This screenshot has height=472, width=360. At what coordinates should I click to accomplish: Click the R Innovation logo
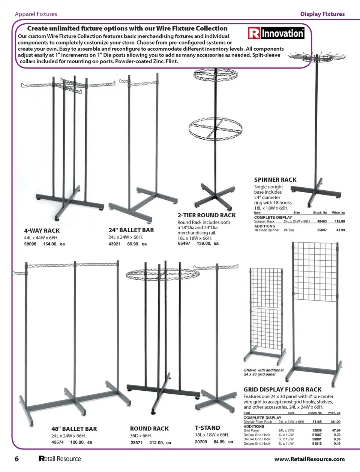click(276, 33)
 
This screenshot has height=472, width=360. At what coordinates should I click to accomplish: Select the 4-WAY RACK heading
click(42, 231)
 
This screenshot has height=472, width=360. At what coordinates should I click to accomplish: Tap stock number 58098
click(30, 244)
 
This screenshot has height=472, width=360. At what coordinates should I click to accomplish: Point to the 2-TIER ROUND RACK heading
click(207, 215)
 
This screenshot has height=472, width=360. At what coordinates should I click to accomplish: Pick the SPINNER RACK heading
click(275, 180)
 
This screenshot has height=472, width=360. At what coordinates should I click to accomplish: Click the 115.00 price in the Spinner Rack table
click(340, 221)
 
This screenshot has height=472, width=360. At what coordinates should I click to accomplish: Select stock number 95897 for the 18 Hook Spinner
click(322, 230)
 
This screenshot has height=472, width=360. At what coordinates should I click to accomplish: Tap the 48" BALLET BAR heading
click(74, 429)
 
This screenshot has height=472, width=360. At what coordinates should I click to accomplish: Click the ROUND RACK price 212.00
click(156, 442)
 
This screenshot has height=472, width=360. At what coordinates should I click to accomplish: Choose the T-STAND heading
click(207, 428)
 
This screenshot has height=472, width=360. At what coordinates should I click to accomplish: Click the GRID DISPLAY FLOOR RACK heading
click(282, 390)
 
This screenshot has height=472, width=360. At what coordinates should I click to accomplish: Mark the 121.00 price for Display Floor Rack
click(335, 422)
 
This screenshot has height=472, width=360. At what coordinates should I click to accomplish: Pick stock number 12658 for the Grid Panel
click(317, 430)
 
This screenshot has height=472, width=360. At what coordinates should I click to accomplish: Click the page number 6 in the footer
click(16, 459)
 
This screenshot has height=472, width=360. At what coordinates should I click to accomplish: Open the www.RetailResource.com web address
click(309, 459)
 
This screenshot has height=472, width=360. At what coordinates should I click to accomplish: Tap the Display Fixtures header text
click(322, 14)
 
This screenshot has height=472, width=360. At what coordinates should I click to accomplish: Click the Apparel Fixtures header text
click(36, 14)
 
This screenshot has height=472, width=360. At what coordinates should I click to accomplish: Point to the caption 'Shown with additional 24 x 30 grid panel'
click(264, 372)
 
